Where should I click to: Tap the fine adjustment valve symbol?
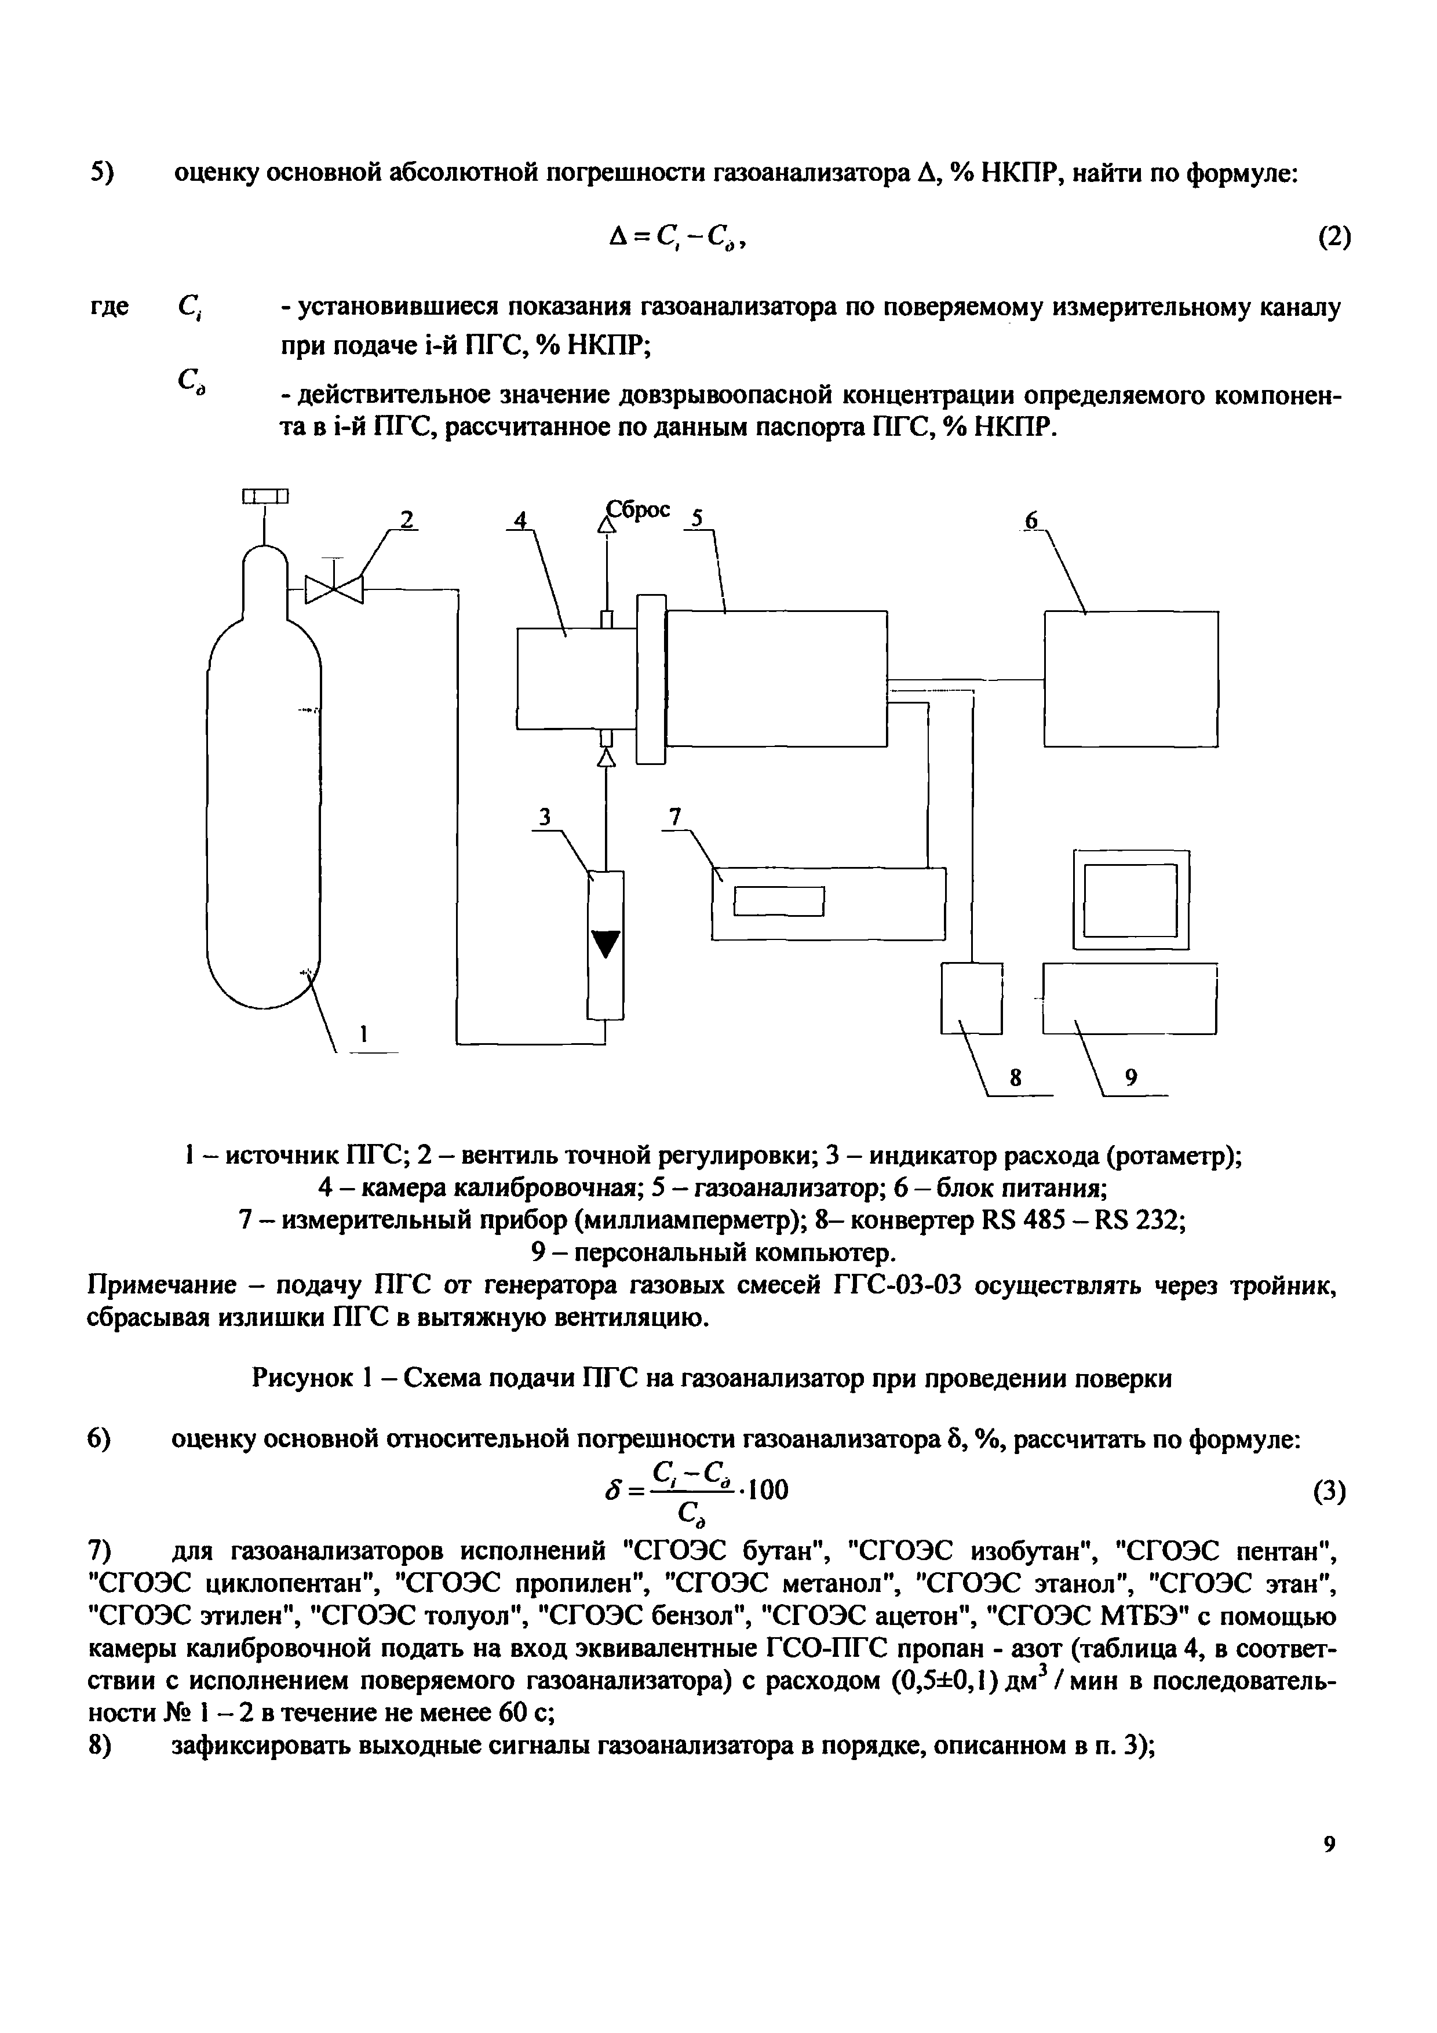pos(334,588)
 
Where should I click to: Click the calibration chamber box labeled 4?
pos(575,677)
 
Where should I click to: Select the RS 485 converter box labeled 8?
pos(971,998)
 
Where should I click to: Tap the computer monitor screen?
pos(1130,899)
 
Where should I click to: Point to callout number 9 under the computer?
pos(1130,1077)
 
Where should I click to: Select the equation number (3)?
pos(1329,1492)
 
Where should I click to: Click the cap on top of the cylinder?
pos(265,497)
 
